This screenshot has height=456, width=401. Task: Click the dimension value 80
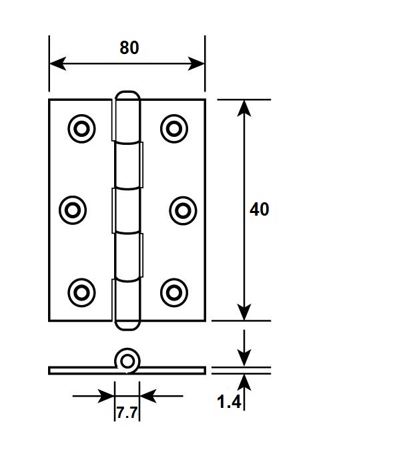point(129,47)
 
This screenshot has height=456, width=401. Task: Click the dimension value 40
point(259,210)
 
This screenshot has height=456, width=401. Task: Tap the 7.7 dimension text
point(127,413)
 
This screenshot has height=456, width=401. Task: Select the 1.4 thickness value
point(229,402)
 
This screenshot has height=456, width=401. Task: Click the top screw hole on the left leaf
point(81,129)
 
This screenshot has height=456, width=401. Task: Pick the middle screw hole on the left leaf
point(73,210)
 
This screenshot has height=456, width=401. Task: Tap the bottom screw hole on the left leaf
point(81,292)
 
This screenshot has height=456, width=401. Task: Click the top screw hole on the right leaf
point(174,129)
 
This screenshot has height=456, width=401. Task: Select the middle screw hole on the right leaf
point(183,210)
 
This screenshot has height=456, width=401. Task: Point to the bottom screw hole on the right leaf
point(174,292)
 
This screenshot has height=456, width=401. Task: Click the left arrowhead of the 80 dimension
point(57,63)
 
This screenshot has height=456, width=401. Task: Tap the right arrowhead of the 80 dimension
point(196,63)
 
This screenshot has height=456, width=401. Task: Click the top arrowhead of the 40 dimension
point(244,108)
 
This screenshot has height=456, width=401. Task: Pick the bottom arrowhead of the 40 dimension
point(244,312)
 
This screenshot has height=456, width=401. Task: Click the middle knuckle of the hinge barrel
point(127,211)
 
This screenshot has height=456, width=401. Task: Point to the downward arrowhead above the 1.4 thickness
point(244,359)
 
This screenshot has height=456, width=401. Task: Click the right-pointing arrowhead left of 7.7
point(106,396)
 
